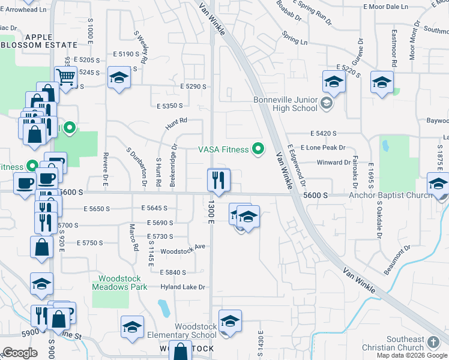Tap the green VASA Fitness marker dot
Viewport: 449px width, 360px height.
(x=259, y=148)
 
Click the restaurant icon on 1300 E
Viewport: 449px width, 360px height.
(x=218, y=179)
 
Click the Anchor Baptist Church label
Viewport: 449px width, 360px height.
(x=390, y=195)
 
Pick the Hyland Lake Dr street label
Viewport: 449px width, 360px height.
(x=184, y=287)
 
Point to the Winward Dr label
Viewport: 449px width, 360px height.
(x=334, y=162)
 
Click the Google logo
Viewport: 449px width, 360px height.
(x=20, y=353)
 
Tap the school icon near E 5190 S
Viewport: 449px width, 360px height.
(x=119, y=78)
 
